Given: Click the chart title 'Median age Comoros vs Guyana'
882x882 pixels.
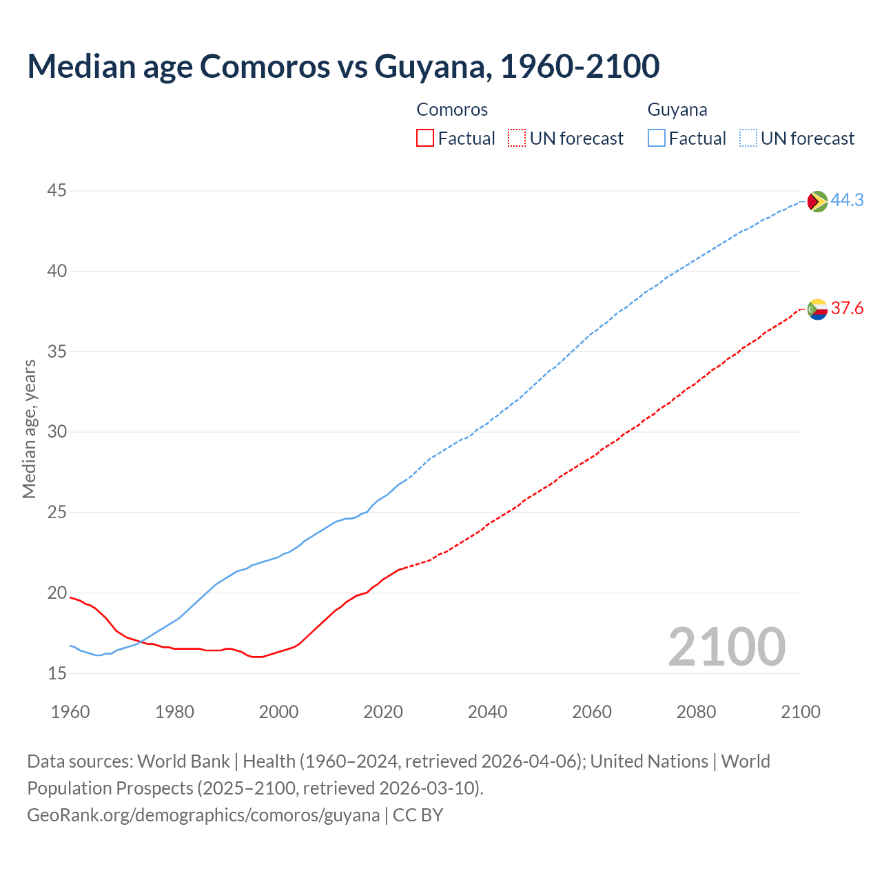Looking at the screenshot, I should pyautogui.click(x=343, y=66).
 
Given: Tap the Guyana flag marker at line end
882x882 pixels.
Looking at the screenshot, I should pyautogui.click(x=817, y=201).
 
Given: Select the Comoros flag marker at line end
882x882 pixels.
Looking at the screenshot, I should pyautogui.click(x=817, y=309).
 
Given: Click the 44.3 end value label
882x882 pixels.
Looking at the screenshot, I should pyautogui.click(x=847, y=200).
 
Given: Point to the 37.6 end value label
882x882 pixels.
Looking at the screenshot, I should pyautogui.click(x=847, y=308).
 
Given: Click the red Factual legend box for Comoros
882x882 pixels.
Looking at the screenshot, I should pyautogui.click(x=425, y=139).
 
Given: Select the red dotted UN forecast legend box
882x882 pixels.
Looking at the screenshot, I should pyautogui.click(x=517, y=139).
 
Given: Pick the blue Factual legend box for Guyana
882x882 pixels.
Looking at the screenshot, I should pyautogui.click(x=657, y=139).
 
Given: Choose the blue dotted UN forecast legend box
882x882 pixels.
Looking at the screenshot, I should pyautogui.click(x=748, y=139).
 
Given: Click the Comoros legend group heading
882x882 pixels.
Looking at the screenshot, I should pyautogui.click(x=452, y=110).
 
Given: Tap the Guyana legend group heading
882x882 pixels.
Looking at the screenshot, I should pyautogui.click(x=677, y=110).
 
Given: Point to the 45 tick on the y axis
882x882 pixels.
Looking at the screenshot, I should pyautogui.click(x=57, y=191).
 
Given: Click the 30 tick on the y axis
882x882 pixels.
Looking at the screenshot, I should pyautogui.click(x=57, y=432).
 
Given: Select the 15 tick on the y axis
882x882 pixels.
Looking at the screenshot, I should pyautogui.click(x=57, y=673).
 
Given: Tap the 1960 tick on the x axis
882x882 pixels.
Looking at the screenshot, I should pyautogui.click(x=70, y=712).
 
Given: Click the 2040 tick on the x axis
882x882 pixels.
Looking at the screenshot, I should pyautogui.click(x=487, y=712).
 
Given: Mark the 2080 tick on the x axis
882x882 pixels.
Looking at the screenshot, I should pyautogui.click(x=696, y=712).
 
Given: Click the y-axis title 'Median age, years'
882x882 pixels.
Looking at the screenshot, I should pyautogui.click(x=29, y=429).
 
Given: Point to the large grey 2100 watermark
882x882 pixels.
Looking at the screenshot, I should pyautogui.click(x=726, y=646).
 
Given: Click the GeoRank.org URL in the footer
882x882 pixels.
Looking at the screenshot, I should pyautogui.click(x=203, y=815).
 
